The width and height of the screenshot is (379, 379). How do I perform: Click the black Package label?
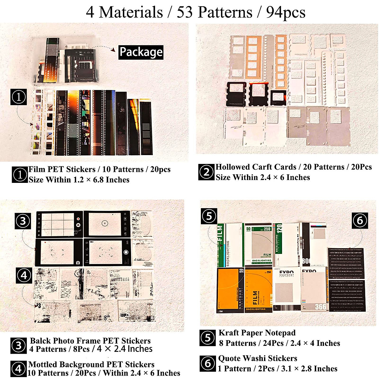(x=141, y=52)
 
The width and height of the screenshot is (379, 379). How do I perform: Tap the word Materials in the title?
(x=131, y=13)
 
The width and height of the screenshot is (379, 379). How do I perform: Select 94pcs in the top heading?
(x=286, y=13)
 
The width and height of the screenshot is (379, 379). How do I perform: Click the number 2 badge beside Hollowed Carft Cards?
(x=206, y=172)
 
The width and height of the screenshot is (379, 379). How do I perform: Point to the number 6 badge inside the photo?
(x=360, y=220)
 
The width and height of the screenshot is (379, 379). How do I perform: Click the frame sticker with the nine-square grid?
(x=59, y=224)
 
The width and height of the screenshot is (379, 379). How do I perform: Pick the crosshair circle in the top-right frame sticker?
(x=105, y=223)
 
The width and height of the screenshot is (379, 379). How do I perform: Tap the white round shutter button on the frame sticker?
(x=126, y=252)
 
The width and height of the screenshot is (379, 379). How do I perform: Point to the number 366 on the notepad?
(x=320, y=306)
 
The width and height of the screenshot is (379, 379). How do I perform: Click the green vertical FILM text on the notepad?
(x=220, y=235)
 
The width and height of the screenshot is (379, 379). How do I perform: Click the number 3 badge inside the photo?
(x=23, y=221)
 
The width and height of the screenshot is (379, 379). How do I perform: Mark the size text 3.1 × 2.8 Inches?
(x=308, y=369)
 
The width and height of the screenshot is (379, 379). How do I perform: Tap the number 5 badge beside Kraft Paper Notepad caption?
(x=208, y=338)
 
